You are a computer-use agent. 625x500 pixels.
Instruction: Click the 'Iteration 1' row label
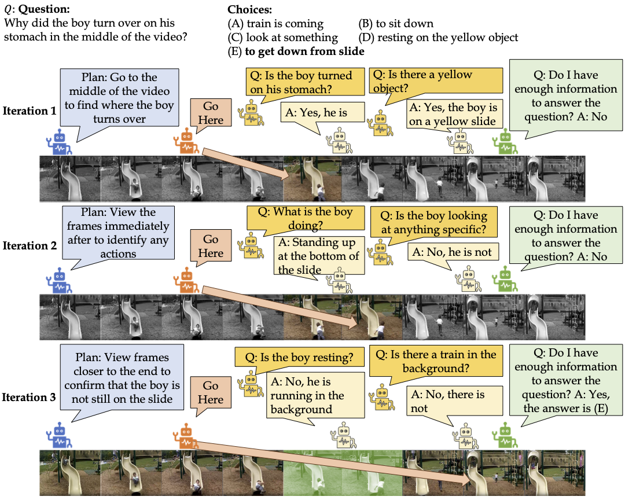point(29,111)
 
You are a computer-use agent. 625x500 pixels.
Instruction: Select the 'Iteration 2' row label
point(29,245)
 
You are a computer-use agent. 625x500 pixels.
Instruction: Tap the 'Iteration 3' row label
point(29,398)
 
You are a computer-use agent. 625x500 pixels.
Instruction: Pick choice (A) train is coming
point(276,24)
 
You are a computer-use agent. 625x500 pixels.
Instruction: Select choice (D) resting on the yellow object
point(438,38)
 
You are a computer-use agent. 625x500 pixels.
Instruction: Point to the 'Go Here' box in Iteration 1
point(211,113)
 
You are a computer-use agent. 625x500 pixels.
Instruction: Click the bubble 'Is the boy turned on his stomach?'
point(301,82)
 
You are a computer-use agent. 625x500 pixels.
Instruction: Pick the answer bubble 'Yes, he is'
point(323,113)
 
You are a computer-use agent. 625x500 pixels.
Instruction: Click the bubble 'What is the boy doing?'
point(304,219)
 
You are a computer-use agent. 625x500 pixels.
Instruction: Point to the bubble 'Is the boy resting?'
point(297,356)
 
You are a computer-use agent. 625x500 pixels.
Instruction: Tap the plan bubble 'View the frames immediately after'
point(118,233)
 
